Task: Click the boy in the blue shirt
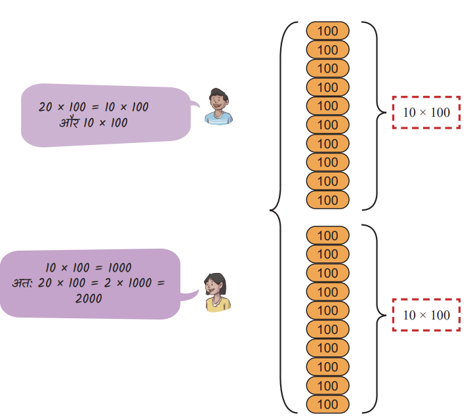pos(218,107)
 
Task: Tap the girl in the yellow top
pos(217,292)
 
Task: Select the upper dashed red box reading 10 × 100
pos(426,113)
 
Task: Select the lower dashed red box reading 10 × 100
pos(426,315)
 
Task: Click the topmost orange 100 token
pos(328,31)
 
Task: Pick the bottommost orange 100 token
pos(328,404)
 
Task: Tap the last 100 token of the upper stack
pos(328,199)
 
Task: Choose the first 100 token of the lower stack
pos(328,236)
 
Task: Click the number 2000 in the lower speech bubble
pos(89,299)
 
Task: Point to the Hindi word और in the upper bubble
pos(70,122)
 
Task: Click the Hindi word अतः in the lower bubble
pos(22,283)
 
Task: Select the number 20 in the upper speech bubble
pos(45,107)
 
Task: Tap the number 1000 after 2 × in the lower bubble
pos(140,283)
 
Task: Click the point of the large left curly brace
pos(270,210)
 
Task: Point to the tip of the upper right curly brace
pos(386,113)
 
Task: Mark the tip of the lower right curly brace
pos(386,316)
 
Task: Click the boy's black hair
pos(218,93)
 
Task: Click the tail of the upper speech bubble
pos(195,104)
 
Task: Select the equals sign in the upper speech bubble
pos(95,107)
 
